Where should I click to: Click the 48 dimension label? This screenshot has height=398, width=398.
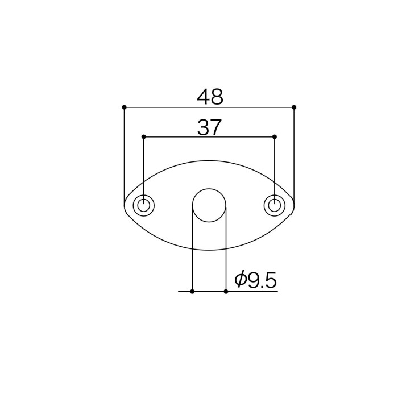click(x=210, y=97)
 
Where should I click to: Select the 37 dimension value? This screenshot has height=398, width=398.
click(x=209, y=128)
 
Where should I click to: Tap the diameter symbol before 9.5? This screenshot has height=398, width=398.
click(x=241, y=280)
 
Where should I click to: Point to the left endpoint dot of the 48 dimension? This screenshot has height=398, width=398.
click(x=124, y=107)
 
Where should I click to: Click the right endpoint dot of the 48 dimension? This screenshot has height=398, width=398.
click(x=294, y=107)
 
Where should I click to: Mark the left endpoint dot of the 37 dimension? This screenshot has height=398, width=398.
click(x=143, y=136)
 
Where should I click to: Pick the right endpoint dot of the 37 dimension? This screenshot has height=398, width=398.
click(x=275, y=136)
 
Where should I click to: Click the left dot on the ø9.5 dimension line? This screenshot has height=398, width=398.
click(x=192, y=291)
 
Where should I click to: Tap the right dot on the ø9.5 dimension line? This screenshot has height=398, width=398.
click(x=226, y=291)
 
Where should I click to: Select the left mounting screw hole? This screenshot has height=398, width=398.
click(x=144, y=205)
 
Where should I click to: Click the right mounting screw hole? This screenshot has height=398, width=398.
click(x=275, y=205)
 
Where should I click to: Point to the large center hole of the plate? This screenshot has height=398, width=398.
click(x=209, y=205)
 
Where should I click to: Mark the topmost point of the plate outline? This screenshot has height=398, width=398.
click(x=209, y=160)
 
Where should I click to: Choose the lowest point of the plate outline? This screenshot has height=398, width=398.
click(x=209, y=250)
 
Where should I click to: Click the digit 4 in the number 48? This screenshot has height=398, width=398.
click(x=203, y=97)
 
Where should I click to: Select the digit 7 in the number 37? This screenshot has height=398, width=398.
click(x=216, y=128)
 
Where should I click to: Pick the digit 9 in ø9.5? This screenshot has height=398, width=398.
click(x=254, y=280)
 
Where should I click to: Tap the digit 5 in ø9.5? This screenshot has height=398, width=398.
click(x=270, y=280)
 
